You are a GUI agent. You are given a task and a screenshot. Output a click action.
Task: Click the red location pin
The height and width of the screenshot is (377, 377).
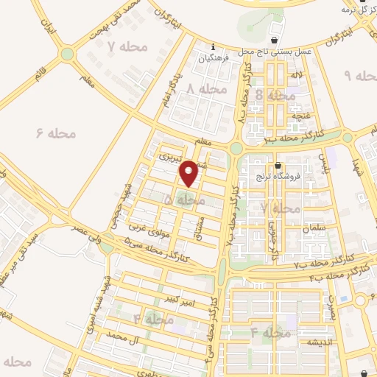189,173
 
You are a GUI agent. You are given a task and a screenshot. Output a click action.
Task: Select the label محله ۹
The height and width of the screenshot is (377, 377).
361,76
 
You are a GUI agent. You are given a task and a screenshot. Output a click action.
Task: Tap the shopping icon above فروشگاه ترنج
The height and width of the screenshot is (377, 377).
278,165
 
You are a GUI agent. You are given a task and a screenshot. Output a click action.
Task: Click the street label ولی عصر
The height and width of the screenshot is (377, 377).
85,231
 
